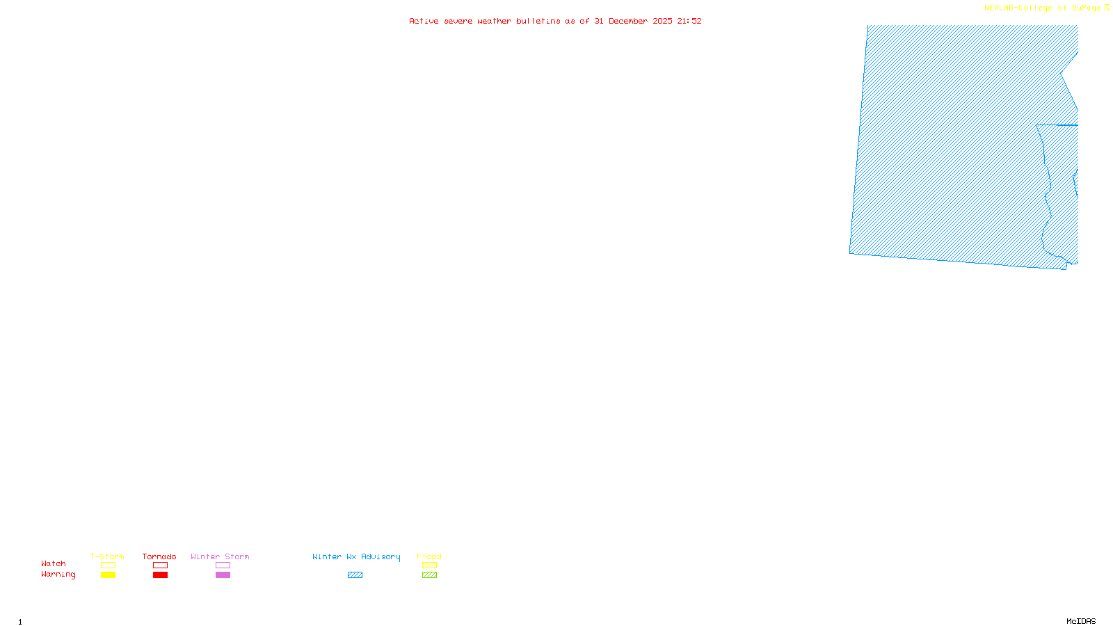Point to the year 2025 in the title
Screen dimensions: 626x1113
click(662, 22)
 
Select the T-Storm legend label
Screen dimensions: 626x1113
click(107, 556)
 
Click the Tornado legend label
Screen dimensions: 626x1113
click(159, 556)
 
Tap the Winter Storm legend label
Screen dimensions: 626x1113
click(220, 556)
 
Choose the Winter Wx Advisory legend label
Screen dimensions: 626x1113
click(356, 556)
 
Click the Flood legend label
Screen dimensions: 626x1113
click(429, 556)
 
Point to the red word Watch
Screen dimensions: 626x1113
click(54, 563)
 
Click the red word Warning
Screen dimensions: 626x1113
click(58, 575)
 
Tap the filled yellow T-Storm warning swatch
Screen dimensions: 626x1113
click(108, 575)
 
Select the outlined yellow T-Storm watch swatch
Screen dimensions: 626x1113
click(108, 565)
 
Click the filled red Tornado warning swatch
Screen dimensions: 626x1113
click(161, 575)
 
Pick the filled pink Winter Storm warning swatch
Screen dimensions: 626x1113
click(223, 575)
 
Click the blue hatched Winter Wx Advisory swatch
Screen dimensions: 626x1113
click(355, 575)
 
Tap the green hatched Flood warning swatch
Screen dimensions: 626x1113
click(429, 575)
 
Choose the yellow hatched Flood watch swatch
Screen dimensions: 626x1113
click(429, 565)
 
